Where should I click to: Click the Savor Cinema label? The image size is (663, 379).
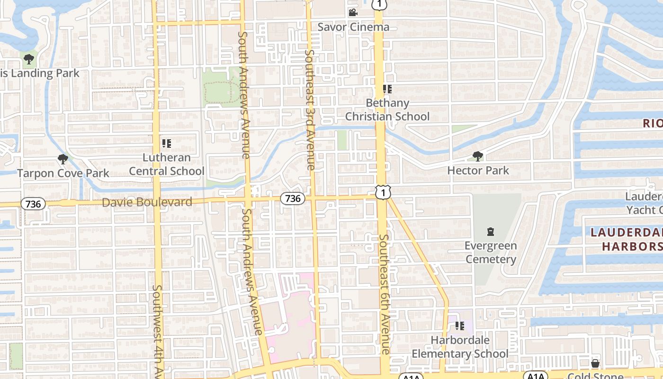pos(353,27)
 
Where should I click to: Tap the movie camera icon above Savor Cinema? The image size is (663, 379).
pos(353,12)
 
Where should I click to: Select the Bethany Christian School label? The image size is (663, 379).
pos(387,109)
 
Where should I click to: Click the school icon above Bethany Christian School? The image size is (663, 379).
pos(387,89)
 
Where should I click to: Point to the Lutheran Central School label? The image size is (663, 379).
pos(167,164)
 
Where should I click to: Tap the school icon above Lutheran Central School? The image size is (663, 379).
pos(167,143)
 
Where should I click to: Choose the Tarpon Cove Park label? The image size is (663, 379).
pos(63,173)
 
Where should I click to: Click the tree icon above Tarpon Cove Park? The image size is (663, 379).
pos(63,159)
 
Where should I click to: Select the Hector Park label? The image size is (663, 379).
pos(478,170)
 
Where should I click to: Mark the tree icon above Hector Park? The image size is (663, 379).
pos(478,156)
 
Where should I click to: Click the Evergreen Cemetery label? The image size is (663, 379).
pos(491,253)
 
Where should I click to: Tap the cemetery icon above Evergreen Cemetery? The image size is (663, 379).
pos(491,232)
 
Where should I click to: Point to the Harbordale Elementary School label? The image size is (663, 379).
pos(459,347)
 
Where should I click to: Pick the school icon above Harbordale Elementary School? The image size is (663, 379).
pos(459,326)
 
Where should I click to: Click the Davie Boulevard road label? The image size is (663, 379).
pos(147,202)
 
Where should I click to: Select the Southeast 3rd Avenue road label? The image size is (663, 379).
pos(310,109)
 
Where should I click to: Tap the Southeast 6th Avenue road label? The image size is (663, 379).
pos(385,294)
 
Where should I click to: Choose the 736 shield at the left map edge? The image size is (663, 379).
pos(33,204)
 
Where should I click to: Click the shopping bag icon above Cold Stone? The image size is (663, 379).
pos(595,363)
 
